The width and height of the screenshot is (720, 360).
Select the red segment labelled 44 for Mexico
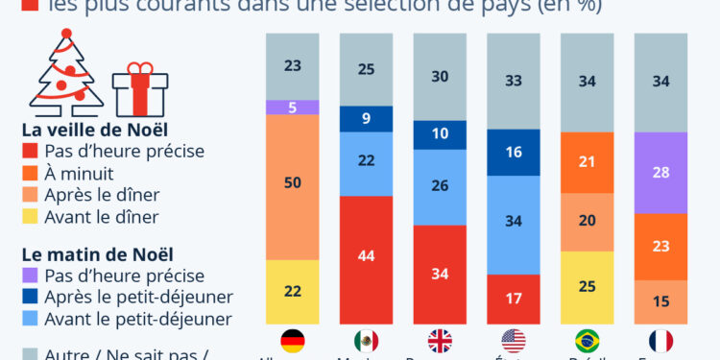tap(366, 254)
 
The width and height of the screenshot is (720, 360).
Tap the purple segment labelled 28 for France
tap(660, 173)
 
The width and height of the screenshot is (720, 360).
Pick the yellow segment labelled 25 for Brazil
tap(587, 287)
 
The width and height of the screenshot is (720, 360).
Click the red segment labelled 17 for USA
tap(514, 299)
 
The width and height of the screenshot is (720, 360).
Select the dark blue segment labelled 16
tap(514, 152)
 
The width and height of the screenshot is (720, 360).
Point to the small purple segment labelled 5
tap(292, 107)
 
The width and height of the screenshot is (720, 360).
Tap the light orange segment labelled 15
tap(660, 302)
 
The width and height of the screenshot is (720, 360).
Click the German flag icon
tap(292, 341)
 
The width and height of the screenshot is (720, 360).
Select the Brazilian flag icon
tap(587, 341)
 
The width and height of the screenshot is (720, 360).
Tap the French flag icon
tap(660, 341)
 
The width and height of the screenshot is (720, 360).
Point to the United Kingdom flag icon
tap(440, 341)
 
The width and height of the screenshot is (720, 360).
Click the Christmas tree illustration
tap(65, 72)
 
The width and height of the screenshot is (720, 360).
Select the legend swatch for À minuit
tap(31, 173)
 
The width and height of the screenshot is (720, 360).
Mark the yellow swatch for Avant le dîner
tap(31, 217)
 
